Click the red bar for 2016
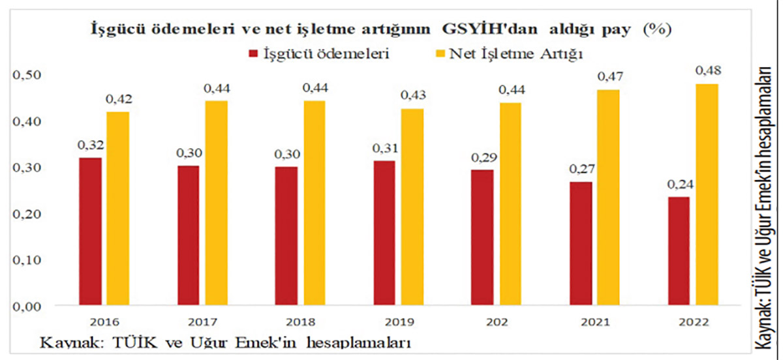[91, 232]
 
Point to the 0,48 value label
[707, 70]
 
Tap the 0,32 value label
[91, 145]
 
